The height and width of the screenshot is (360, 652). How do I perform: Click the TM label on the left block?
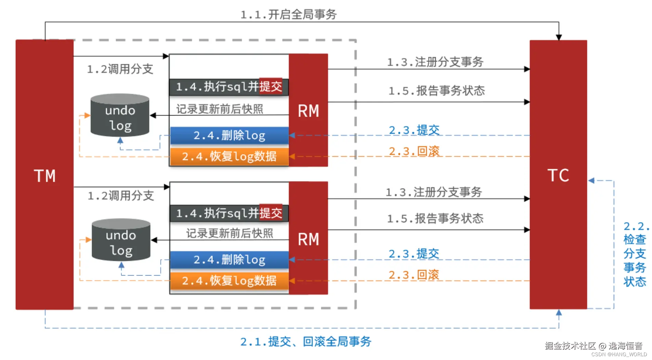(44, 176)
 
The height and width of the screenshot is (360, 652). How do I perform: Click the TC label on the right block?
(558, 175)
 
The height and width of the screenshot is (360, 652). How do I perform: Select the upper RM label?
(308, 111)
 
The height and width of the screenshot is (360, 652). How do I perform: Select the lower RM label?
(308, 239)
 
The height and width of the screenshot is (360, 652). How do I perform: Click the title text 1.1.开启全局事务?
(288, 14)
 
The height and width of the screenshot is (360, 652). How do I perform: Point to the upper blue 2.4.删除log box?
(229, 135)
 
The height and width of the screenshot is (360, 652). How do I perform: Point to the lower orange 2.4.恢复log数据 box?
(229, 281)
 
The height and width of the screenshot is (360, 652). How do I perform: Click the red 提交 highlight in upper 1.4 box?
(271, 86)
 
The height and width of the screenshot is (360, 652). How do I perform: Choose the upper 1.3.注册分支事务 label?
(435, 62)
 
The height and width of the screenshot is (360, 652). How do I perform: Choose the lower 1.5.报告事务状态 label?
(435, 218)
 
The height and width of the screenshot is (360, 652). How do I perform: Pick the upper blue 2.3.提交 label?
(414, 130)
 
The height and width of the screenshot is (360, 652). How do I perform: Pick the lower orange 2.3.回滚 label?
(414, 275)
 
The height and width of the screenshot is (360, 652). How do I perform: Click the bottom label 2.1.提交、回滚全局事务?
(305, 341)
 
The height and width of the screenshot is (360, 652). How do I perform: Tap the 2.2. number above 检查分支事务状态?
(636, 226)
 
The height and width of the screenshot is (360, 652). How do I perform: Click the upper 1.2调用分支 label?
(120, 69)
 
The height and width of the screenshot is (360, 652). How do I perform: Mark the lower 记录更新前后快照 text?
(229, 233)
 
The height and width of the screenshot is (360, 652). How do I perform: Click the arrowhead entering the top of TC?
(559, 37)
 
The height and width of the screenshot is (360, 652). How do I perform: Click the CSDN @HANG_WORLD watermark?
(619, 355)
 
